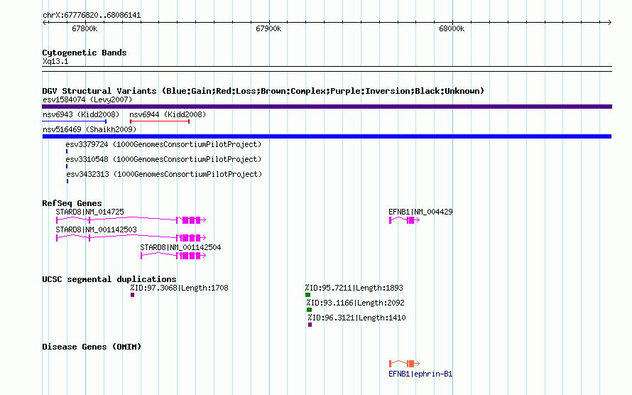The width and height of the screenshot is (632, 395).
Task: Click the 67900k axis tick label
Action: coord(268,28)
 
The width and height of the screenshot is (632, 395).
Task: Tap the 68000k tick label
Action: coord(452,28)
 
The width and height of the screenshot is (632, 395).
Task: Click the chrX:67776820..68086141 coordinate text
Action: coord(92,16)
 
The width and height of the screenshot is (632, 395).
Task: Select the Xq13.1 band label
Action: coord(55,61)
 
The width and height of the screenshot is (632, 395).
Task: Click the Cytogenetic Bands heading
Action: coord(85,53)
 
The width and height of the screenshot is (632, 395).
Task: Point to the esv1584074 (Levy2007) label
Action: coord(87,99)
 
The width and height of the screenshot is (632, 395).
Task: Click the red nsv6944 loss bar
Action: coord(160,121)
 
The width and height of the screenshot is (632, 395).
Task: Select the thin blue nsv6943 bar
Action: coord(74,121)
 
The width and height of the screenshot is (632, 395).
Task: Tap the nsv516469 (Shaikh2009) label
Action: coord(89,129)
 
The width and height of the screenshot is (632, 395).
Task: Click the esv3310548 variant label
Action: coord(163,159)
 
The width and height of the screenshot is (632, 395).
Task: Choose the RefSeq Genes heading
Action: coord(72,203)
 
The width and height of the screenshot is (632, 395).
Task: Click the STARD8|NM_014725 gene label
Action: coord(90,212)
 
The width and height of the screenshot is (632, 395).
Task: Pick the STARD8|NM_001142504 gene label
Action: coord(180,247)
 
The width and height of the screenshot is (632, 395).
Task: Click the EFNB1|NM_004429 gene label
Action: coord(420,212)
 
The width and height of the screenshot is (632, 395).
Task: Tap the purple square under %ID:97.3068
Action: coord(132,295)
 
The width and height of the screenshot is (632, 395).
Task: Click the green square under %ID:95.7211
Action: coord(308,295)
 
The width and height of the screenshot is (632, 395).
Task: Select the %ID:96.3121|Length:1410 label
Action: coord(356,318)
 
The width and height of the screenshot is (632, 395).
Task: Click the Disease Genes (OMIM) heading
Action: coord(92,347)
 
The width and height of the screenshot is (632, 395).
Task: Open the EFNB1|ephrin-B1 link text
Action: coord(420,374)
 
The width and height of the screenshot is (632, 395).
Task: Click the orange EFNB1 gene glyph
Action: coord(404,364)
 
